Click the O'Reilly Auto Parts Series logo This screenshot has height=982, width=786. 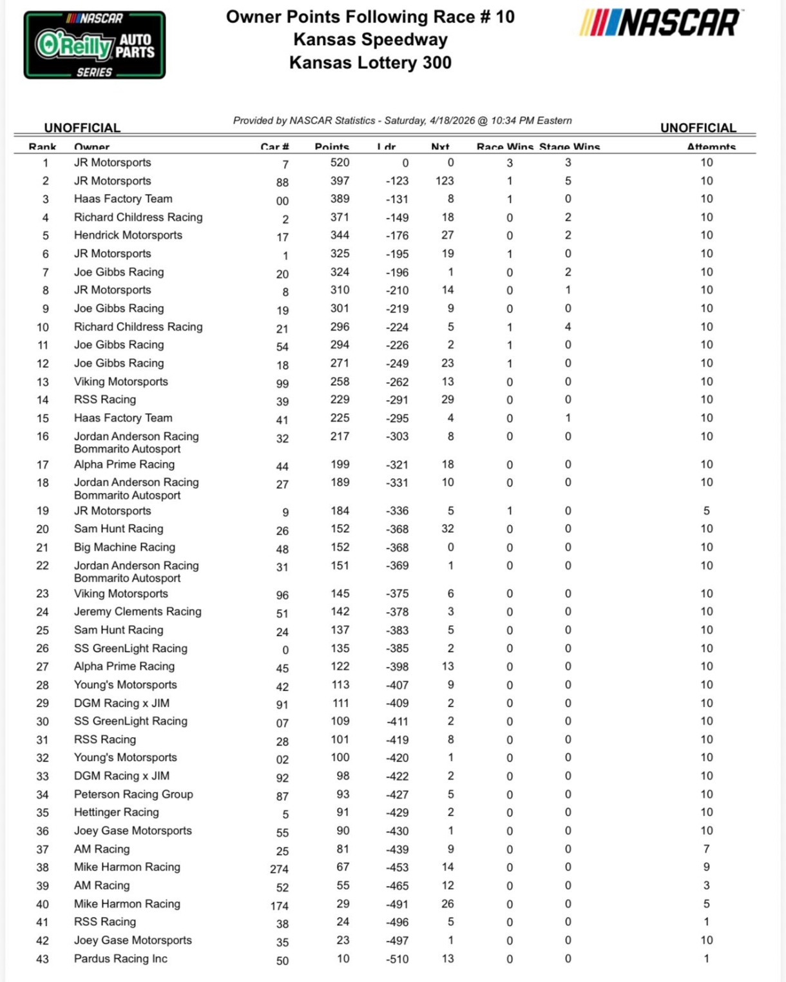pyautogui.click(x=95, y=45)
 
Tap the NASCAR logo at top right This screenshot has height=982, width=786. pyautogui.click(x=660, y=23)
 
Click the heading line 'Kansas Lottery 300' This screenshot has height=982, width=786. pyautogui.click(x=370, y=63)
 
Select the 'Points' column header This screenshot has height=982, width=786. pyautogui.click(x=332, y=147)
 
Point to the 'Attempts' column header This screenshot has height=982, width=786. pyautogui.click(x=711, y=147)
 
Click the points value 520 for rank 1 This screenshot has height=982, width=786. pyautogui.click(x=340, y=163)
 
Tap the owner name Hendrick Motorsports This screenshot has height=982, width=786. pyautogui.click(x=128, y=236)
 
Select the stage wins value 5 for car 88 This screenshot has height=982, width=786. pyautogui.click(x=568, y=181)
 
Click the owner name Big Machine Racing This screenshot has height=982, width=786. pyautogui.click(x=124, y=547)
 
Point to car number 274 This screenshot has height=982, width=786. pyautogui.click(x=279, y=869)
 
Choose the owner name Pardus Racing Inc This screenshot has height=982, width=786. pyautogui.click(x=120, y=959)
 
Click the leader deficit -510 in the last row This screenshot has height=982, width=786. pyautogui.click(x=398, y=959)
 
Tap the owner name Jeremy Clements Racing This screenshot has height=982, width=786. pyautogui.click(x=137, y=611)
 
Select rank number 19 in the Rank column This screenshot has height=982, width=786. pyautogui.click(x=43, y=511)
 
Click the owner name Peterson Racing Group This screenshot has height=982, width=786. pyautogui.click(x=133, y=794)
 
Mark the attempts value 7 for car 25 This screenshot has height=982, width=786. pyautogui.click(x=706, y=849)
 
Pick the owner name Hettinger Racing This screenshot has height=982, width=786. pyautogui.click(x=116, y=813)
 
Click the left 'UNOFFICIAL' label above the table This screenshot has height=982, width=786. pyautogui.click(x=82, y=128)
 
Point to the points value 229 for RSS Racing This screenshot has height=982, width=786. pyautogui.click(x=340, y=400)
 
